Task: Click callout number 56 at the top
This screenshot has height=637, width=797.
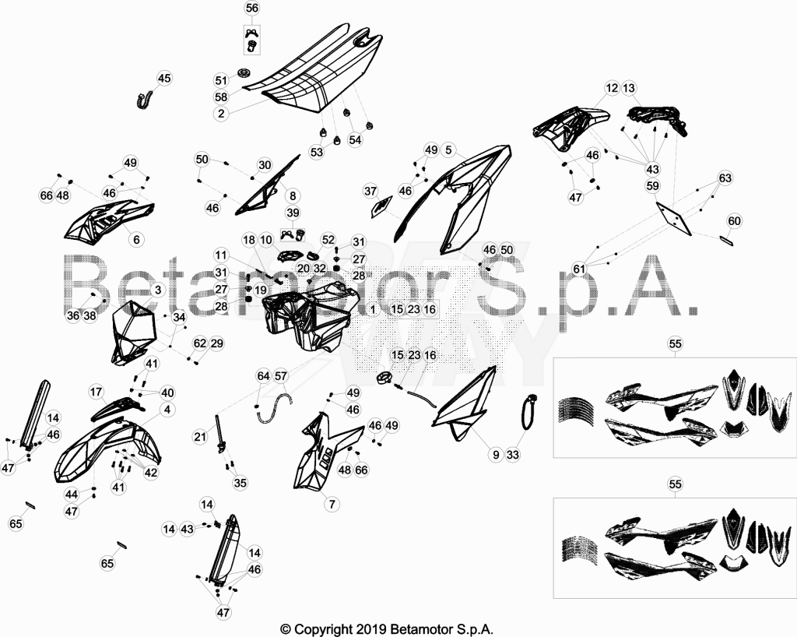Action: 252,8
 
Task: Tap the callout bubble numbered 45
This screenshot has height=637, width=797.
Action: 164,79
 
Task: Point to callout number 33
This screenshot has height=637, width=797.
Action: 513,455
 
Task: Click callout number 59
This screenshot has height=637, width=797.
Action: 653,186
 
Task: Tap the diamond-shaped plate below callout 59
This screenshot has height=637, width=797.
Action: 674,219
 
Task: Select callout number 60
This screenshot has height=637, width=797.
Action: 735,221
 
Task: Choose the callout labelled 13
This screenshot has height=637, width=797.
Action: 629,89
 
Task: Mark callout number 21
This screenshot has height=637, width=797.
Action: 200,437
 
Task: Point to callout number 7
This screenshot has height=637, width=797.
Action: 332,505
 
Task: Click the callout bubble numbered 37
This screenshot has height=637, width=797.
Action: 370,191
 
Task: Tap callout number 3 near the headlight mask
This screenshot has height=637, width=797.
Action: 158,290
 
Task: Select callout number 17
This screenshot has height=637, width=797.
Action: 96,392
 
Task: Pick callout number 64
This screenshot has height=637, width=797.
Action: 263,377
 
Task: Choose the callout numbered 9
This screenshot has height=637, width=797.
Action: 496,455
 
